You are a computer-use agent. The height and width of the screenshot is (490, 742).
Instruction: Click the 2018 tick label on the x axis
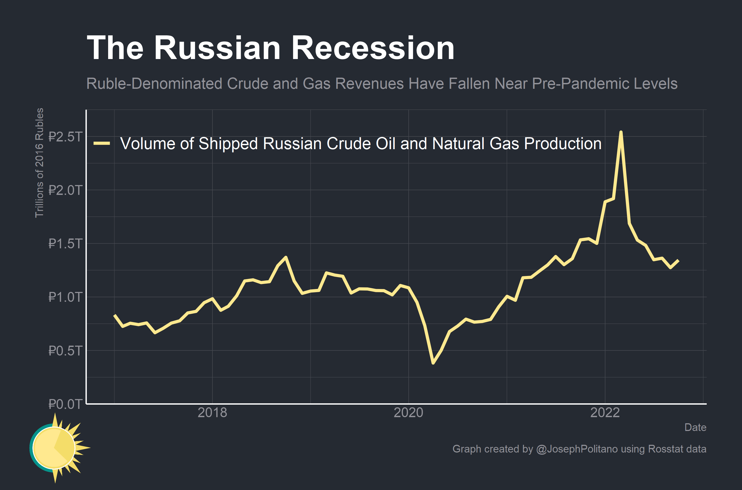212,413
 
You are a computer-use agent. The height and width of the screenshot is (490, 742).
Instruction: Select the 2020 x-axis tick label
408,413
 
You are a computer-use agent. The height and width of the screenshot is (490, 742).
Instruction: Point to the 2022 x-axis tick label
605,413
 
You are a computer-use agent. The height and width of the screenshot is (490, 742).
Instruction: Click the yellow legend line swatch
102,144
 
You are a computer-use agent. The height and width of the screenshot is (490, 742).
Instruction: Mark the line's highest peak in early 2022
621,132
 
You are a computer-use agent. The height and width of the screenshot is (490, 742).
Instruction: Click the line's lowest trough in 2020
433,363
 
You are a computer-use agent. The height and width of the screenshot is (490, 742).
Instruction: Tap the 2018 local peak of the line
286,257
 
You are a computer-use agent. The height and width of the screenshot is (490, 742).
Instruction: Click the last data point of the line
679,260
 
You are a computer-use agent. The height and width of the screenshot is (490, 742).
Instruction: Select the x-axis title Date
695,427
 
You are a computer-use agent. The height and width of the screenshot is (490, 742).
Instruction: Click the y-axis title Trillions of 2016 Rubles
39,162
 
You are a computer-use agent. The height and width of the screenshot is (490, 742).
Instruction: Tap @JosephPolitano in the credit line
577,449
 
